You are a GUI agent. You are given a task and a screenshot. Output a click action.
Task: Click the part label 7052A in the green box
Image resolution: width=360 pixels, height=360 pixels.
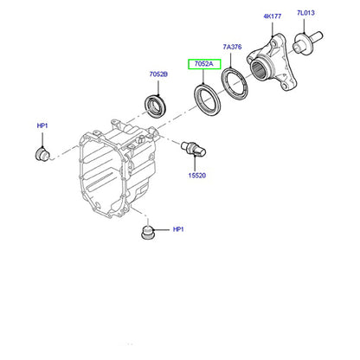click(x=204, y=64)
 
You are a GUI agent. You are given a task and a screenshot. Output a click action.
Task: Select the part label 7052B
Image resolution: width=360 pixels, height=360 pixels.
click(x=158, y=74)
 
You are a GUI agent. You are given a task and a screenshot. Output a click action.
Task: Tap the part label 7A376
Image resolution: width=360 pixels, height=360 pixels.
click(x=232, y=47)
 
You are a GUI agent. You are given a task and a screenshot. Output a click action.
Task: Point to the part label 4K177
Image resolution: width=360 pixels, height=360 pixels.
click(x=272, y=16)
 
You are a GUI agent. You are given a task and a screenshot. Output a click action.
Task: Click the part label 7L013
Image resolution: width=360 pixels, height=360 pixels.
click(x=305, y=13)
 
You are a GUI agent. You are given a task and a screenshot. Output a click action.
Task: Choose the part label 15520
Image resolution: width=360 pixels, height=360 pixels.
click(x=197, y=176)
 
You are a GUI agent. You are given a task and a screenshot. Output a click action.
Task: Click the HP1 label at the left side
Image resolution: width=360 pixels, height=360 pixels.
click(x=42, y=125)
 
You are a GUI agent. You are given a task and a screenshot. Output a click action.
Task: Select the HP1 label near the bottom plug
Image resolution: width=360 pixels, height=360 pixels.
click(x=178, y=229)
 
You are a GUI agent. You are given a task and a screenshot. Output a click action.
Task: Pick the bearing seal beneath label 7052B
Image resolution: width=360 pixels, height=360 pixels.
click(x=154, y=106)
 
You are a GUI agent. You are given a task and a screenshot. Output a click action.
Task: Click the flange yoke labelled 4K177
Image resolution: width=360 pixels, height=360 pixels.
click(x=272, y=62)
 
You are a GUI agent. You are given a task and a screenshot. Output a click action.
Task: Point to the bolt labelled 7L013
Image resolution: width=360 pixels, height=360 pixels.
click(x=307, y=42)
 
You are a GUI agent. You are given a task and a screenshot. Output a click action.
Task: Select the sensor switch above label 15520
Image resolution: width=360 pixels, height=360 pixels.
click(x=193, y=149)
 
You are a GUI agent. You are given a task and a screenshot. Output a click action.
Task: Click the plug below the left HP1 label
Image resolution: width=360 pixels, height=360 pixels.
click(x=42, y=154)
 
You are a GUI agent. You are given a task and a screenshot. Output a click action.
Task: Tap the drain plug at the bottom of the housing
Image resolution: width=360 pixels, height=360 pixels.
click(x=148, y=233)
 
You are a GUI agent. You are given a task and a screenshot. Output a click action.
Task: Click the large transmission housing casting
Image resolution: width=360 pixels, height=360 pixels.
click(x=119, y=170)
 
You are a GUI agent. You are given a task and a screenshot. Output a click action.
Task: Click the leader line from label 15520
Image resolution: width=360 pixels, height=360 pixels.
click(x=196, y=164)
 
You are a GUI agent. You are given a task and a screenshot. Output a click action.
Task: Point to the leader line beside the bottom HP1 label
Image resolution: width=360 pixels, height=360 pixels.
click(x=162, y=230)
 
